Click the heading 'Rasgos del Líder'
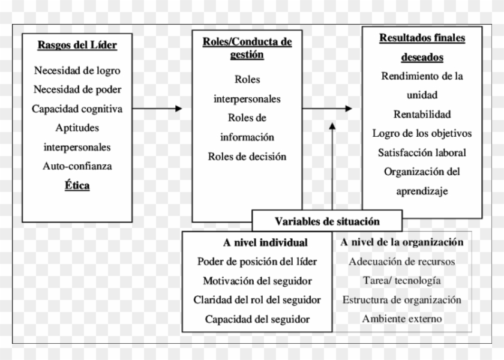point(77,45)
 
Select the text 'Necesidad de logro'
point(77,70)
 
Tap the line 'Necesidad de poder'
point(77,89)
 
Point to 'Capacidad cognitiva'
point(77,109)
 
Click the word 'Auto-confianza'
point(77,166)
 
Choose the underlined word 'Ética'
point(77,185)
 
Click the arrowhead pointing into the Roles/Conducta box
point(178,109)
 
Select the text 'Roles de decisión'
point(247,157)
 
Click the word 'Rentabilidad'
point(422,114)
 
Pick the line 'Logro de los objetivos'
point(422,133)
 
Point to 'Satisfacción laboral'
point(422,152)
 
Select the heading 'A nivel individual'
point(257,242)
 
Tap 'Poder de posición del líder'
point(257,262)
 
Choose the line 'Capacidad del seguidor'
point(257,319)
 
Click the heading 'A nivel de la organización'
point(402,242)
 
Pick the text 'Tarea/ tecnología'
point(402,280)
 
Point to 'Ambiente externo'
point(402,319)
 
